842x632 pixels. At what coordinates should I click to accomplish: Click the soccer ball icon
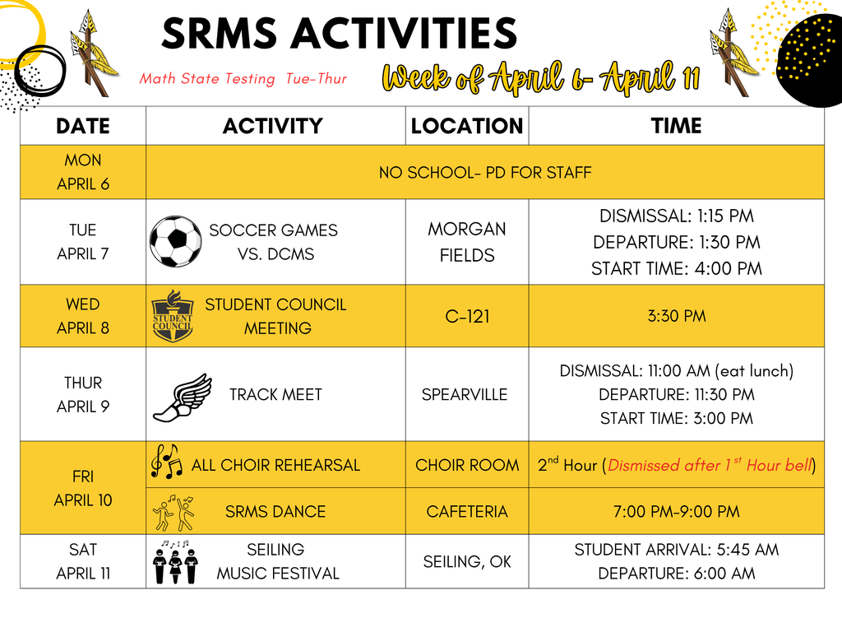tap(175, 242)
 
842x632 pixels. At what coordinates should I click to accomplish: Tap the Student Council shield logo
tap(173, 317)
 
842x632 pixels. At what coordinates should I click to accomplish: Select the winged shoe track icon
tap(182, 397)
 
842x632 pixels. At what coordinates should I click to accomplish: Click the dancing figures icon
tap(173, 512)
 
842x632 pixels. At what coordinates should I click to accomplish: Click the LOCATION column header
tap(467, 126)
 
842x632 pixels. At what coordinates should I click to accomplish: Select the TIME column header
tap(676, 126)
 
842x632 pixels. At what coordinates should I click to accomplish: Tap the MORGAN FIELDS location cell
tap(467, 242)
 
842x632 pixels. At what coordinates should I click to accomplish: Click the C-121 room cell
tap(467, 316)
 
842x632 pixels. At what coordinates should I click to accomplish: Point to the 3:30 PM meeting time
tap(676, 316)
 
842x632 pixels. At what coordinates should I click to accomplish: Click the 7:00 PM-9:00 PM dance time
tap(676, 511)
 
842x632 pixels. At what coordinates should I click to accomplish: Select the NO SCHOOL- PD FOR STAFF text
tap(485, 173)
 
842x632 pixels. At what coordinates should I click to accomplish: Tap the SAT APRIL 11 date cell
tap(83, 561)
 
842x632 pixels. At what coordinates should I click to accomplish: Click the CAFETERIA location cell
tap(467, 511)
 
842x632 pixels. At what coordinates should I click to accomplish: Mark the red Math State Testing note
tap(243, 79)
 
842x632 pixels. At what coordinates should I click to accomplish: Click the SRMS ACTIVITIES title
tap(339, 35)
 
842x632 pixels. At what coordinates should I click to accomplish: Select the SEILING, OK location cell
tap(467, 561)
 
